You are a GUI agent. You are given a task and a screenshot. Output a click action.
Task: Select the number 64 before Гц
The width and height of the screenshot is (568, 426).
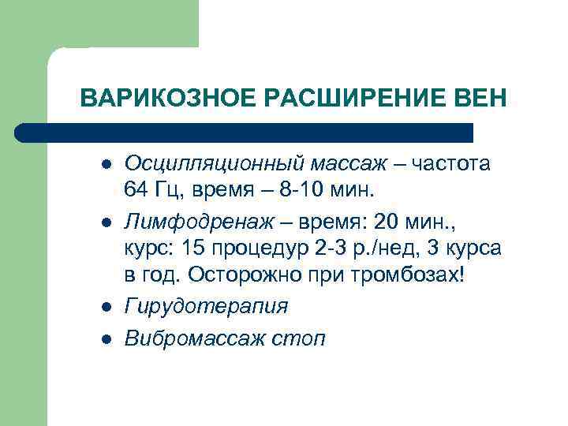[136, 189]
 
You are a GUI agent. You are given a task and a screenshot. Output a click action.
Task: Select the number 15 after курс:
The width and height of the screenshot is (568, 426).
[193, 249]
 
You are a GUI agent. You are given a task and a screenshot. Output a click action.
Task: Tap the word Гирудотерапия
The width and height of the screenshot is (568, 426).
[206, 306]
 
